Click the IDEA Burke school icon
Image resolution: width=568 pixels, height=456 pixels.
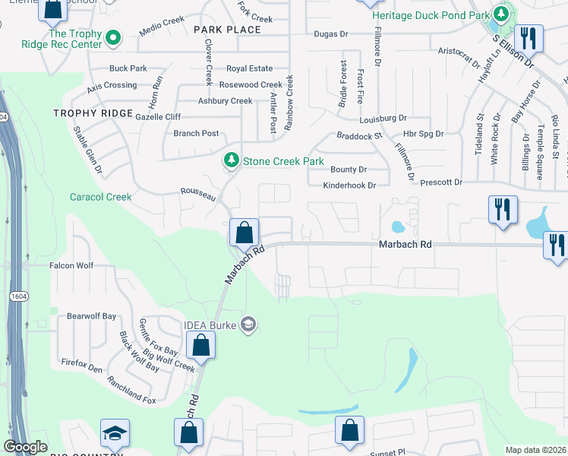247,325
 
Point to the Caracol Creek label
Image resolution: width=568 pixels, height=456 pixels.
101,197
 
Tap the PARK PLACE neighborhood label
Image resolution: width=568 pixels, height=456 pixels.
227,30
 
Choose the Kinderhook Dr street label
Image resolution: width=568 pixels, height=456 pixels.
349,185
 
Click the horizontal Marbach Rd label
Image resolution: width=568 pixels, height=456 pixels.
405,245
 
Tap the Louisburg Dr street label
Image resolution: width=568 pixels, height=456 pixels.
383,119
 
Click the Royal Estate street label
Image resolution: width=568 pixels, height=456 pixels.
249,68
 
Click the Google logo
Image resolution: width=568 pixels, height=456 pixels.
26,447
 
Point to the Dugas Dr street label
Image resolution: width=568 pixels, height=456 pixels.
330,34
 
